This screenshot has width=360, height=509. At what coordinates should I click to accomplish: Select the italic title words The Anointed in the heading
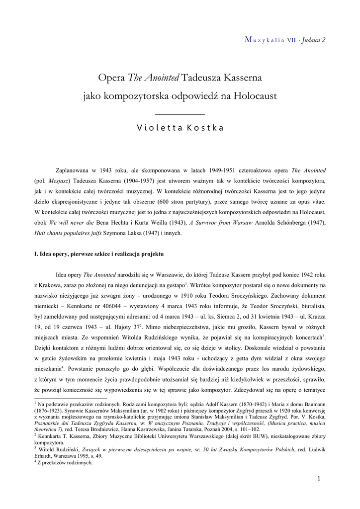coord(155,78)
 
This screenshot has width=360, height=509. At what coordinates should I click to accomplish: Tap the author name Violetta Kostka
coord(180,127)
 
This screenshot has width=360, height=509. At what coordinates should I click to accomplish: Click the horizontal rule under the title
coord(180,115)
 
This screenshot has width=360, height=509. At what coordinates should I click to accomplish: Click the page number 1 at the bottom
coord(319,479)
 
